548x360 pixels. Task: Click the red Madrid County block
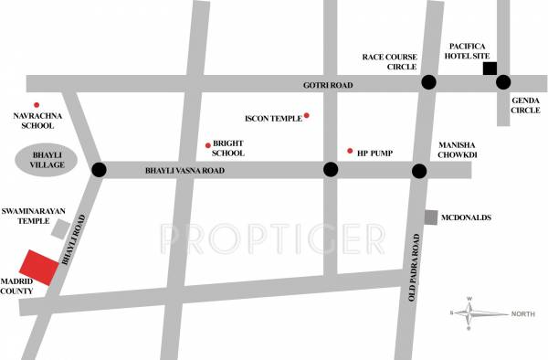tap(37, 270)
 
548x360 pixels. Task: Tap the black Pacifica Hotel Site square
tap(490, 69)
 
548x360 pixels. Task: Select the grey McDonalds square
tap(431, 217)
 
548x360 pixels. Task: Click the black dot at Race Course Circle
tap(427, 83)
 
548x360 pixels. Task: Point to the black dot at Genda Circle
tap(503, 83)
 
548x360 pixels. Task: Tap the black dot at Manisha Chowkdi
tap(419, 171)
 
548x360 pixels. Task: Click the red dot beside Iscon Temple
tap(307, 115)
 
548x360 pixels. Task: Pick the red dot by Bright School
tap(208, 145)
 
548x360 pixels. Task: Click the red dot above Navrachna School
tap(37, 106)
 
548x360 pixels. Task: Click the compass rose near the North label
tap(469, 312)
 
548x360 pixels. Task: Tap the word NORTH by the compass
tap(523, 314)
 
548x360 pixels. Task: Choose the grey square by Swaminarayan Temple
tap(60, 228)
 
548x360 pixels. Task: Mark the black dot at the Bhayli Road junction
tap(100, 170)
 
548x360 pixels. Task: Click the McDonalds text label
tap(466, 217)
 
